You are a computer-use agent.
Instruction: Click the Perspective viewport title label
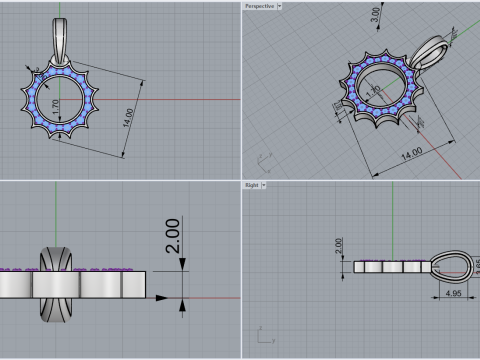pyautogui.click(x=258, y=6)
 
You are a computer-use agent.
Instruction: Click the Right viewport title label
pyautogui.click(x=251, y=185)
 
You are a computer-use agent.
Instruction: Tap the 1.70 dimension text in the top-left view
pyautogui.click(x=54, y=105)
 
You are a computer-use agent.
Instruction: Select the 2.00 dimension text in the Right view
pyautogui.click(x=338, y=243)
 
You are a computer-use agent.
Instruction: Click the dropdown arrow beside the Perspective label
pyautogui.click(x=279, y=6)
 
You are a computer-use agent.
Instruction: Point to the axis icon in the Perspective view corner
pyautogui.click(x=266, y=157)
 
